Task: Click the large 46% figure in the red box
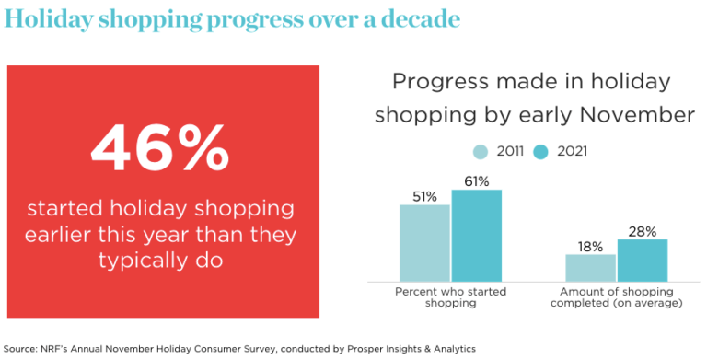pyautogui.click(x=161, y=147)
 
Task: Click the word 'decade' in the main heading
pyautogui.click(x=416, y=18)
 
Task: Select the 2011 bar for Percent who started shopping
pyautogui.click(x=424, y=243)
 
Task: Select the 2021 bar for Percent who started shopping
pyautogui.click(x=476, y=236)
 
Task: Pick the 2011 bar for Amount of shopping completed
pyautogui.click(x=590, y=268)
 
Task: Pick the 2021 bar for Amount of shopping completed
pyautogui.click(x=642, y=261)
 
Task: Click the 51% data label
pyautogui.click(x=424, y=195)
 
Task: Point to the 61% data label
pyautogui.click(x=477, y=180)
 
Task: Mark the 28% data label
pyautogui.click(x=643, y=231)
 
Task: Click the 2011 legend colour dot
pyautogui.click(x=481, y=151)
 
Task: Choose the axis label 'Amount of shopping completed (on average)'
pyautogui.click(x=616, y=297)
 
